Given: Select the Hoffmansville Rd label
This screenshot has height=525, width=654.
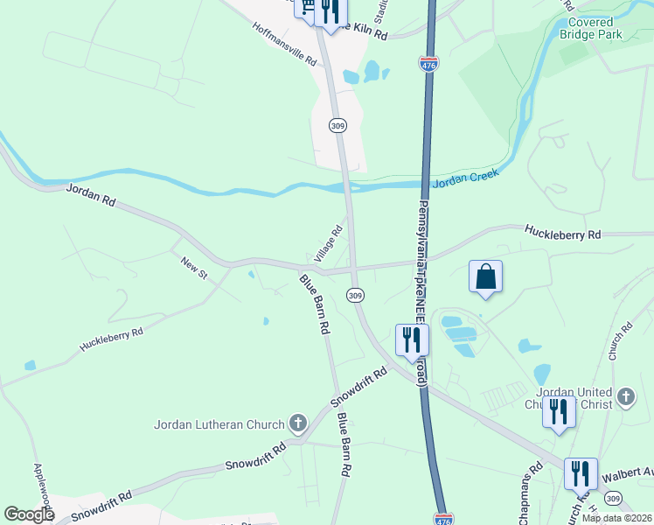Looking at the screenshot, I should click(x=286, y=58).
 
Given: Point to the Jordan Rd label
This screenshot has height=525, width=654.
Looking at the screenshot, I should click(x=91, y=194).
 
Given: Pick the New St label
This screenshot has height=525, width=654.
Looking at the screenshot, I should click(x=193, y=267).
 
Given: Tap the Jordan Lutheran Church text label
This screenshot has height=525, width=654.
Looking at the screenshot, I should click(x=219, y=425).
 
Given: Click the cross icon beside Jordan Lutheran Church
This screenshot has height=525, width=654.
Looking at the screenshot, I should click(x=298, y=424).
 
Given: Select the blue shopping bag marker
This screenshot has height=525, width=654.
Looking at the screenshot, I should click(x=486, y=276).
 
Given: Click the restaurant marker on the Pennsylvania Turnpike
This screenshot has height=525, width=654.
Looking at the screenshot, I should click(x=412, y=340).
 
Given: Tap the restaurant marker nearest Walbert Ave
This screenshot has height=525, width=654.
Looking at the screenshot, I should click(x=581, y=473).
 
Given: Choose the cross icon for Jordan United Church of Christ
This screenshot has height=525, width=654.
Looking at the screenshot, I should click(x=626, y=396).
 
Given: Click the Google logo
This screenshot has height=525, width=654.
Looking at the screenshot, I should click(x=29, y=514).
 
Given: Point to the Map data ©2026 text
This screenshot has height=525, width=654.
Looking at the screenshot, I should click(x=616, y=518).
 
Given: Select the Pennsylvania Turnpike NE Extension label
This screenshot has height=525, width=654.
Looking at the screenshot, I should click(x=421, y=292).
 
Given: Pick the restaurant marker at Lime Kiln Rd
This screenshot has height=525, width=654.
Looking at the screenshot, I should click(x=329, y=13).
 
